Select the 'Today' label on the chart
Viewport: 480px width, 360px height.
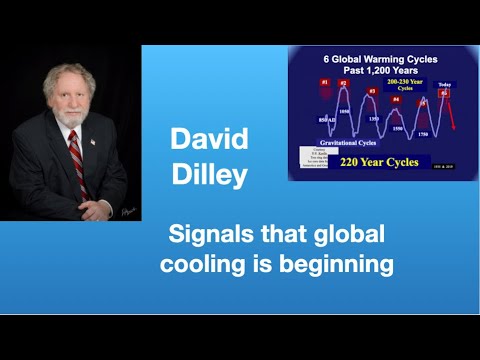pos(444,84)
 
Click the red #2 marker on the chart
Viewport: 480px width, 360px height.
pos(343,84)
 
